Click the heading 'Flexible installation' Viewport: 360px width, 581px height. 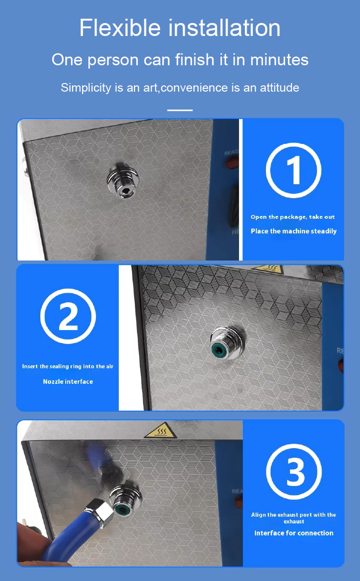click(x=180, y=27)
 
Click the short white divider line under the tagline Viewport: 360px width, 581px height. click(x=180, y=110)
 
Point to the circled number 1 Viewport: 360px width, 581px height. click(x=293, y=171)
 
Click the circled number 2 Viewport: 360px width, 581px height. click(x=68, y=316)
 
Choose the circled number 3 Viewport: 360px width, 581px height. click(x=294, y=472)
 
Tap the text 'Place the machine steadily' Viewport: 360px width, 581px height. click(x=293, y=231)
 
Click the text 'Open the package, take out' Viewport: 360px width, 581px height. click(x=293, y=217)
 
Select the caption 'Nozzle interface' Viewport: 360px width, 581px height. click(x=68, y=381)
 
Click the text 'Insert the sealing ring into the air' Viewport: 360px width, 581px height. click(x=68, y=367)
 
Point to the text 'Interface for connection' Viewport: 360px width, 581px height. click(x=293, y=533)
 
